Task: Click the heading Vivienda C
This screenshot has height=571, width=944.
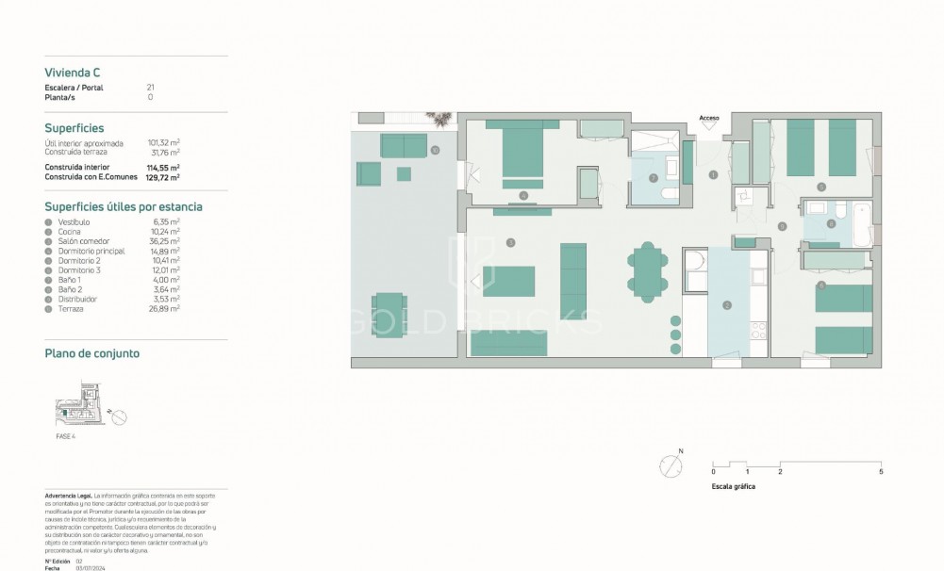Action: click(x=74, y=72)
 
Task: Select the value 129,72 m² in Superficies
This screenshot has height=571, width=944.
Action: click(x=164, y=176)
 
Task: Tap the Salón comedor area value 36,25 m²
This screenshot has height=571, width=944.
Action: click(x=164, y=240)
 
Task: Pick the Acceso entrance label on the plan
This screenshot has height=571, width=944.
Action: click(x=709, y=118)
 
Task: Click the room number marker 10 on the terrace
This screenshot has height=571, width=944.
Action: click(x=435, y=150)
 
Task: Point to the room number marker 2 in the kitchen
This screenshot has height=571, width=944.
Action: click(x=727, y=304)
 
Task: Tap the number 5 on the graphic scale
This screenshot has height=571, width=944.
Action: click(x=880, y=470)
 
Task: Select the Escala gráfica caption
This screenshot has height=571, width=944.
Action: click(x=734, y=487)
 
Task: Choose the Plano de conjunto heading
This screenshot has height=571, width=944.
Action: click(x=92, y=353)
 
